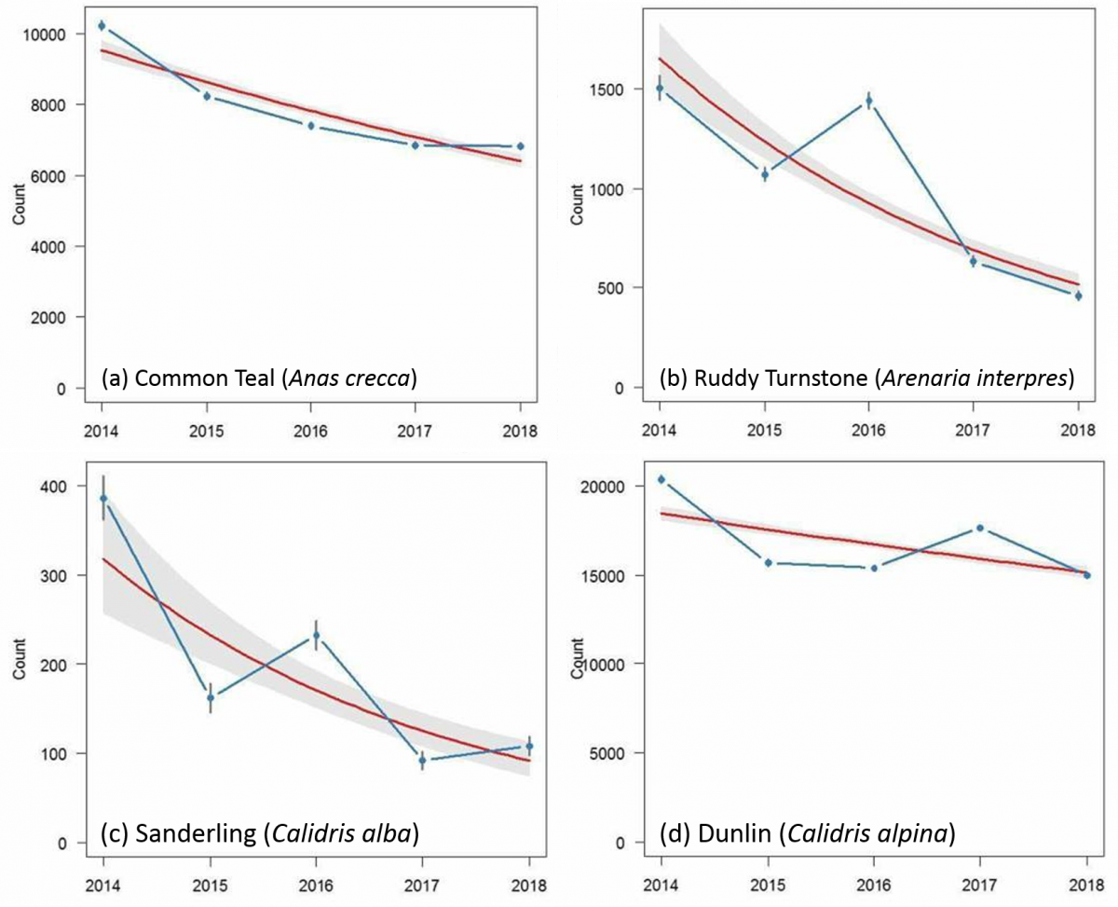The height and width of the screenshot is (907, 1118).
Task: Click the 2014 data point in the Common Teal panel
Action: click(x=102, y=25)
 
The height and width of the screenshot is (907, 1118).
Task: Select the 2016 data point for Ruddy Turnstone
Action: click(x=868, y=101)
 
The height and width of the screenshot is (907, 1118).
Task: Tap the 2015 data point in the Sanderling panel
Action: click(x=211, y=698)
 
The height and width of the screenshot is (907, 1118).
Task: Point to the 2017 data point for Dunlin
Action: click(x=979, y=528)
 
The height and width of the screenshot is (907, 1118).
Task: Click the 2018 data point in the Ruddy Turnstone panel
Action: click(x=1078, y=296)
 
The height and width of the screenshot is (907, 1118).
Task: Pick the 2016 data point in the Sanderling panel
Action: click(x=316, y=636)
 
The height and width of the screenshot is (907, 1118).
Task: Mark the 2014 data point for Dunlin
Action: click(x=661, y=479)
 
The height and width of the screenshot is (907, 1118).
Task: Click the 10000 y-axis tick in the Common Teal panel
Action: click(x=44, y=34)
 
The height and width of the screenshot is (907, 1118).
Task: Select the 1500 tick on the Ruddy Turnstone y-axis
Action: click(x=607, y=89)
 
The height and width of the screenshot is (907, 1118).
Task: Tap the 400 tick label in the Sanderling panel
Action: click(x=53, y=487)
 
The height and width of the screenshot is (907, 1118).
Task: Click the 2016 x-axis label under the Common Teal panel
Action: click(x=311, y=432)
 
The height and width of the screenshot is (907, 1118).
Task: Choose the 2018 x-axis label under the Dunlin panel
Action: click(x=1087, y=886)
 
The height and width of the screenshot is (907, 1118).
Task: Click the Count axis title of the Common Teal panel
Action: click(x=19, y=204)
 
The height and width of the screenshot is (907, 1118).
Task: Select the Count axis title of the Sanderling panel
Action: click(x=19, y=659)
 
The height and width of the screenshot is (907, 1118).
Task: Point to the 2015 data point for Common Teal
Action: click(x=207, y=96)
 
